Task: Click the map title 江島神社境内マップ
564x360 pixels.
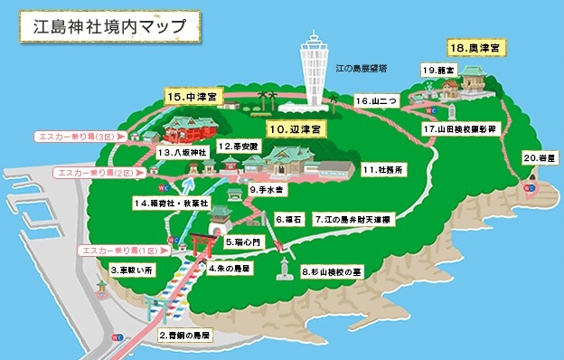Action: tap(108, 25)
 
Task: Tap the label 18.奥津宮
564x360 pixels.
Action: tap(474, 46)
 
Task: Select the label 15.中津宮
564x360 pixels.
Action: tap(194, 94)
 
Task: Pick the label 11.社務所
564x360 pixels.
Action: tap(383, 169)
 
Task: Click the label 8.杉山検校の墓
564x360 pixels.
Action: tap(337, 270)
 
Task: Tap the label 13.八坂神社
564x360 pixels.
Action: tap(182, 153)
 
